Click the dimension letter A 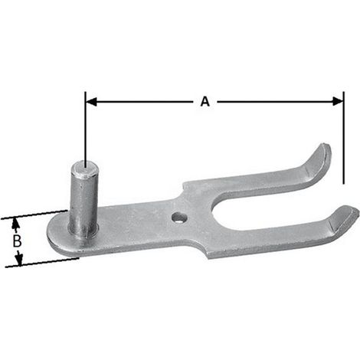[x=205, y=101]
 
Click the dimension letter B [x=17, y=241]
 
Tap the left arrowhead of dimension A [x=91, y=102]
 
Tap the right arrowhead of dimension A [x=338, y=102]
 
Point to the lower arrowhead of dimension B [x=18, y=260]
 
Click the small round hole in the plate [x=179, y=218]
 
